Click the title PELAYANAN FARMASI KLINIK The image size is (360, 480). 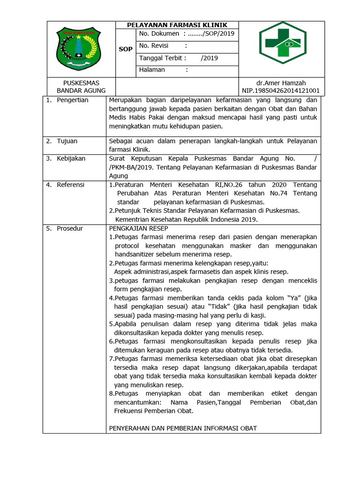(x=178, y=25)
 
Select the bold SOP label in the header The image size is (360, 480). (x=125, y=49)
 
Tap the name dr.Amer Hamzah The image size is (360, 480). (x=280, y=82)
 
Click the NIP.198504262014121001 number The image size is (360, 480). (x=281, y=90)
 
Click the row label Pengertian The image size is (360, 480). (x=72, y=100)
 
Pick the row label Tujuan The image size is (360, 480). (x=67, y=141)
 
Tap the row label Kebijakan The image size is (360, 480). (x=71, y=158)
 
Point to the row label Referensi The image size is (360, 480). (x=70, y=185)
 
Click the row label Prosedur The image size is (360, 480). (x=70, y=228)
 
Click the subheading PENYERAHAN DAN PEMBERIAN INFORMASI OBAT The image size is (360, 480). (x=183, y=428)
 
